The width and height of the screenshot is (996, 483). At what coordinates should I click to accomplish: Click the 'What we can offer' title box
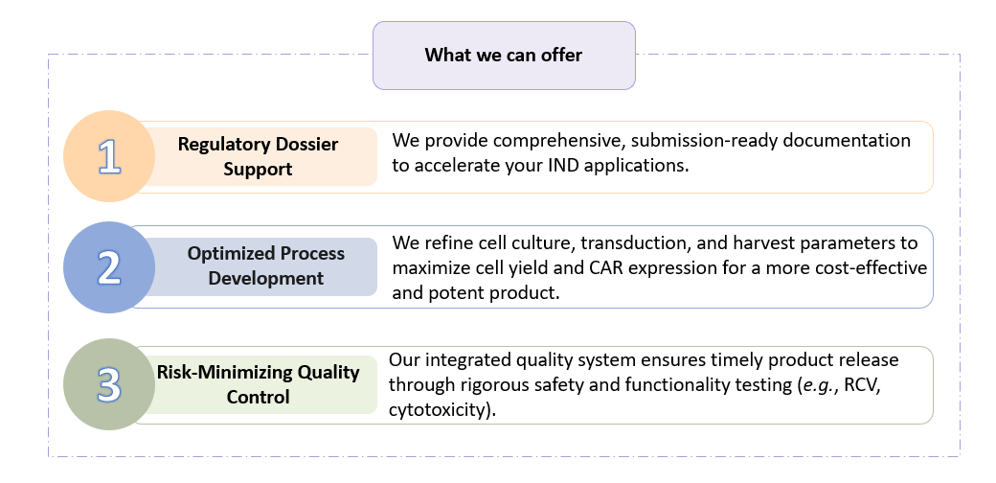point(503,56)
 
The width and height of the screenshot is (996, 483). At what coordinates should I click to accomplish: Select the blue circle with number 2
point(109,267)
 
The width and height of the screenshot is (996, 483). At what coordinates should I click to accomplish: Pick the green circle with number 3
point(109,383)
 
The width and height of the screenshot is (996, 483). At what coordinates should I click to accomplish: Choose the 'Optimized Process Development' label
point(265,266)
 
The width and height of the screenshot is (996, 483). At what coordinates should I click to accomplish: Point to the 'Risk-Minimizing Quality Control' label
point(258,383)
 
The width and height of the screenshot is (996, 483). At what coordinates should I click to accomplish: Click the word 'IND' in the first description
point(557,165)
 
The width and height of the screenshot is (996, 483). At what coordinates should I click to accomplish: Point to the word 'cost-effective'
point(872,267)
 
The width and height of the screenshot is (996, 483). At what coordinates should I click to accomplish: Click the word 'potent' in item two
point(456,292)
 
